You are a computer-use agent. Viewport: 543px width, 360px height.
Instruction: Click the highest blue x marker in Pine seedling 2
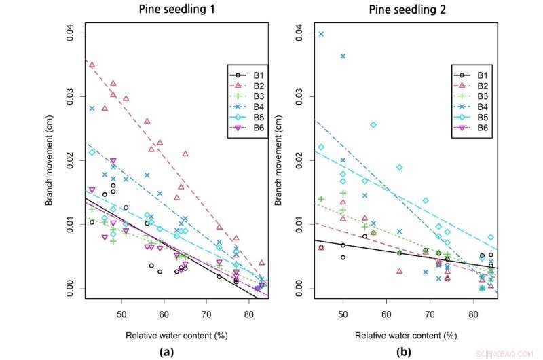321,34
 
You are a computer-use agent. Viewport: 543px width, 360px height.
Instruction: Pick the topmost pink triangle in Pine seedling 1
92,65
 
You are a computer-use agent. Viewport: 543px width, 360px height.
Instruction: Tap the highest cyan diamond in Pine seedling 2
373,125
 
